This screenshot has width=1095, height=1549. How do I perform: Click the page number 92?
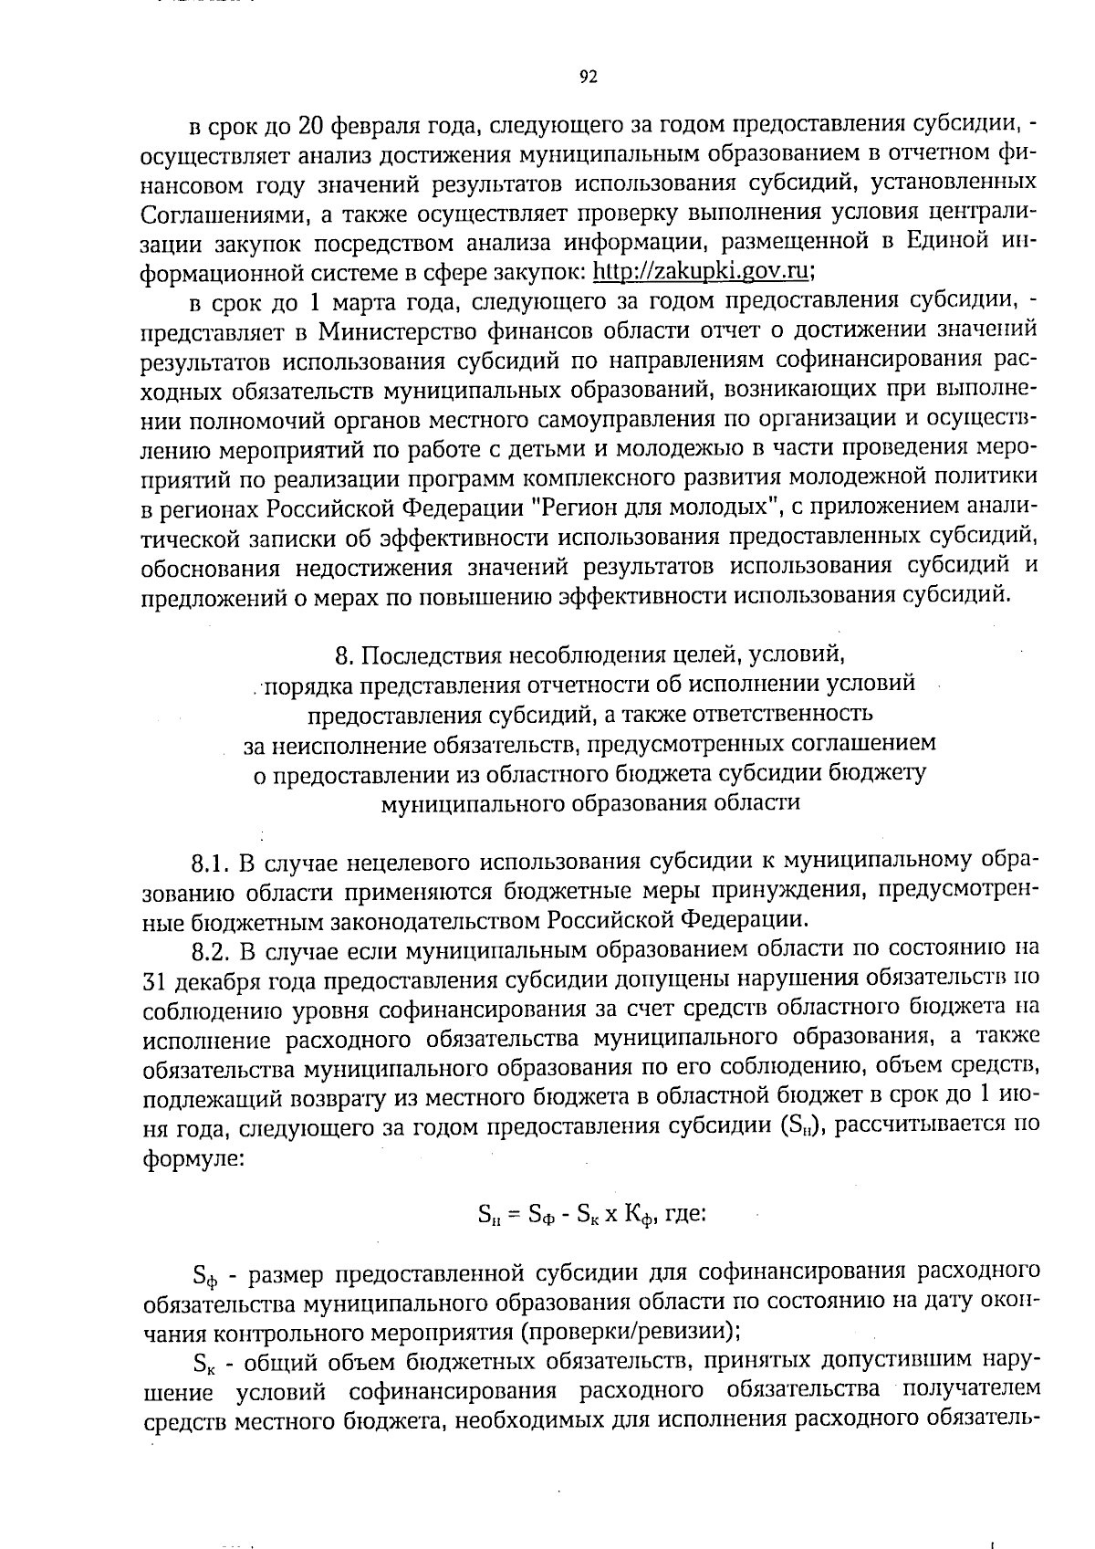(x=588, y=78)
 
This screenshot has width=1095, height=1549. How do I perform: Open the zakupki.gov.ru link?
(x=702, y=271)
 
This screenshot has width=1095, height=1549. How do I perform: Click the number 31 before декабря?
(x=153, y=981)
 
